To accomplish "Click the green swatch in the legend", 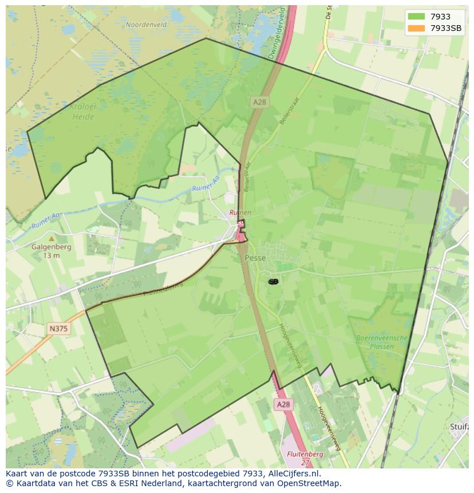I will (x=416, y=17).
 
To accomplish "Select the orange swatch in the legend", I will (x=416, y=28).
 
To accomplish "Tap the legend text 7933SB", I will (x=445, y=28).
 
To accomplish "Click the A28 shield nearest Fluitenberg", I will (x=283, y=404).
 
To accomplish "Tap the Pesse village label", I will (x=255, y=258).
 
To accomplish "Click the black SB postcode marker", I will (x=273, y=281).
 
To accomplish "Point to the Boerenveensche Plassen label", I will (x=382, y=342).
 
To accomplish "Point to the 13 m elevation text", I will (x=52, y=256).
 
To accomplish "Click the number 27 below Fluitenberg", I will (x=306, y=462).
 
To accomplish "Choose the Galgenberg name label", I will (x=52, y=248).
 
